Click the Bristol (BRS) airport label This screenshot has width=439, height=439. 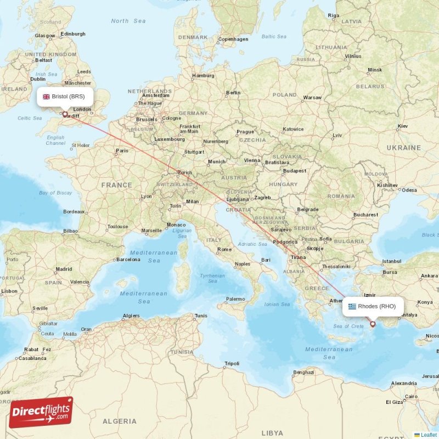(x=65, y=97)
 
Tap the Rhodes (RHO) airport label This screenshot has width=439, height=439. (x=373, y=306)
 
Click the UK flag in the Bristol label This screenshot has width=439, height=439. (x=47, y=97)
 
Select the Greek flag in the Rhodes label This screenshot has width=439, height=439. (x=352, y=306)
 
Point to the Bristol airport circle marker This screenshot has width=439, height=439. (x=65, y=115)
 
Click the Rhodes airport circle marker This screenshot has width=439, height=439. (x=373, y=324)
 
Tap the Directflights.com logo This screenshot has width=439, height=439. (x=41, y=412)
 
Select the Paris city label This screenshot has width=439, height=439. (x=122, y=150)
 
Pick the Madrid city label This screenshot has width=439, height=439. (x=64, y=269)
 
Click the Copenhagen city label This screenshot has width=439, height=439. (x=233, y=39)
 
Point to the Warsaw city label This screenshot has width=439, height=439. (x=312, y=98)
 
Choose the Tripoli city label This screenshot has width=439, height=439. (x=232, y=364)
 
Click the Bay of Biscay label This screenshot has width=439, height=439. (x=55, y=193)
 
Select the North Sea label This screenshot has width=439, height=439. (x=128, y=21)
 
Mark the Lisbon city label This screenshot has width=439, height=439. (x=9, y=291)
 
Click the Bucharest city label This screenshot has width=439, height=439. (x=366, y=215)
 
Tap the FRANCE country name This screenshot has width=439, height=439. (x=116, y=185)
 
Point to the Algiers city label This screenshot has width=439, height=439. (x=131, y=316)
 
